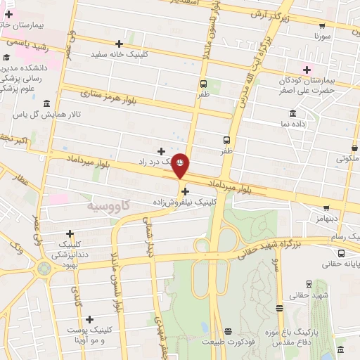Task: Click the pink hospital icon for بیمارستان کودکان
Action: tap(306, 69)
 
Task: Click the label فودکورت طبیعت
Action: tap(226, 342)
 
